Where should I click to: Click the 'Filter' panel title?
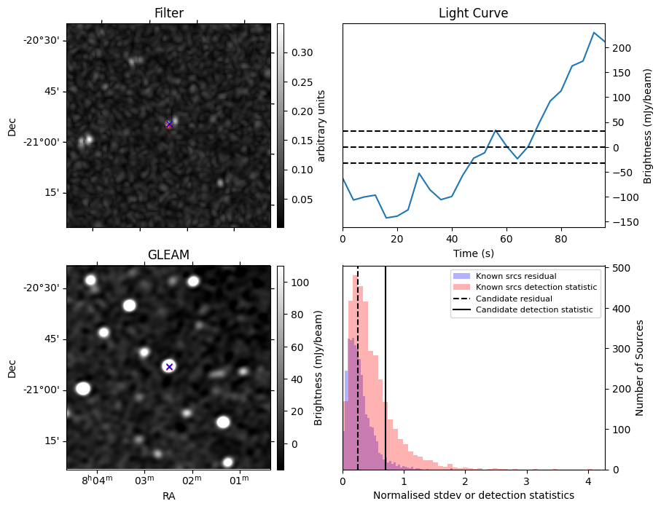point(168,13)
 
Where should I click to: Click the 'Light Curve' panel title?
point(473,13)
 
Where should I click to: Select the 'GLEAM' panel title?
point(168,255)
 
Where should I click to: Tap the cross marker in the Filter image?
point(169,125)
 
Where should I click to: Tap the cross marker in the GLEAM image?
point(169,366)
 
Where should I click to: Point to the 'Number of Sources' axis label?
point(640,368)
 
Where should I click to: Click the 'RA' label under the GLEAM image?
point(168,496)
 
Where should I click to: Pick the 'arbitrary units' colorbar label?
point(321,125)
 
